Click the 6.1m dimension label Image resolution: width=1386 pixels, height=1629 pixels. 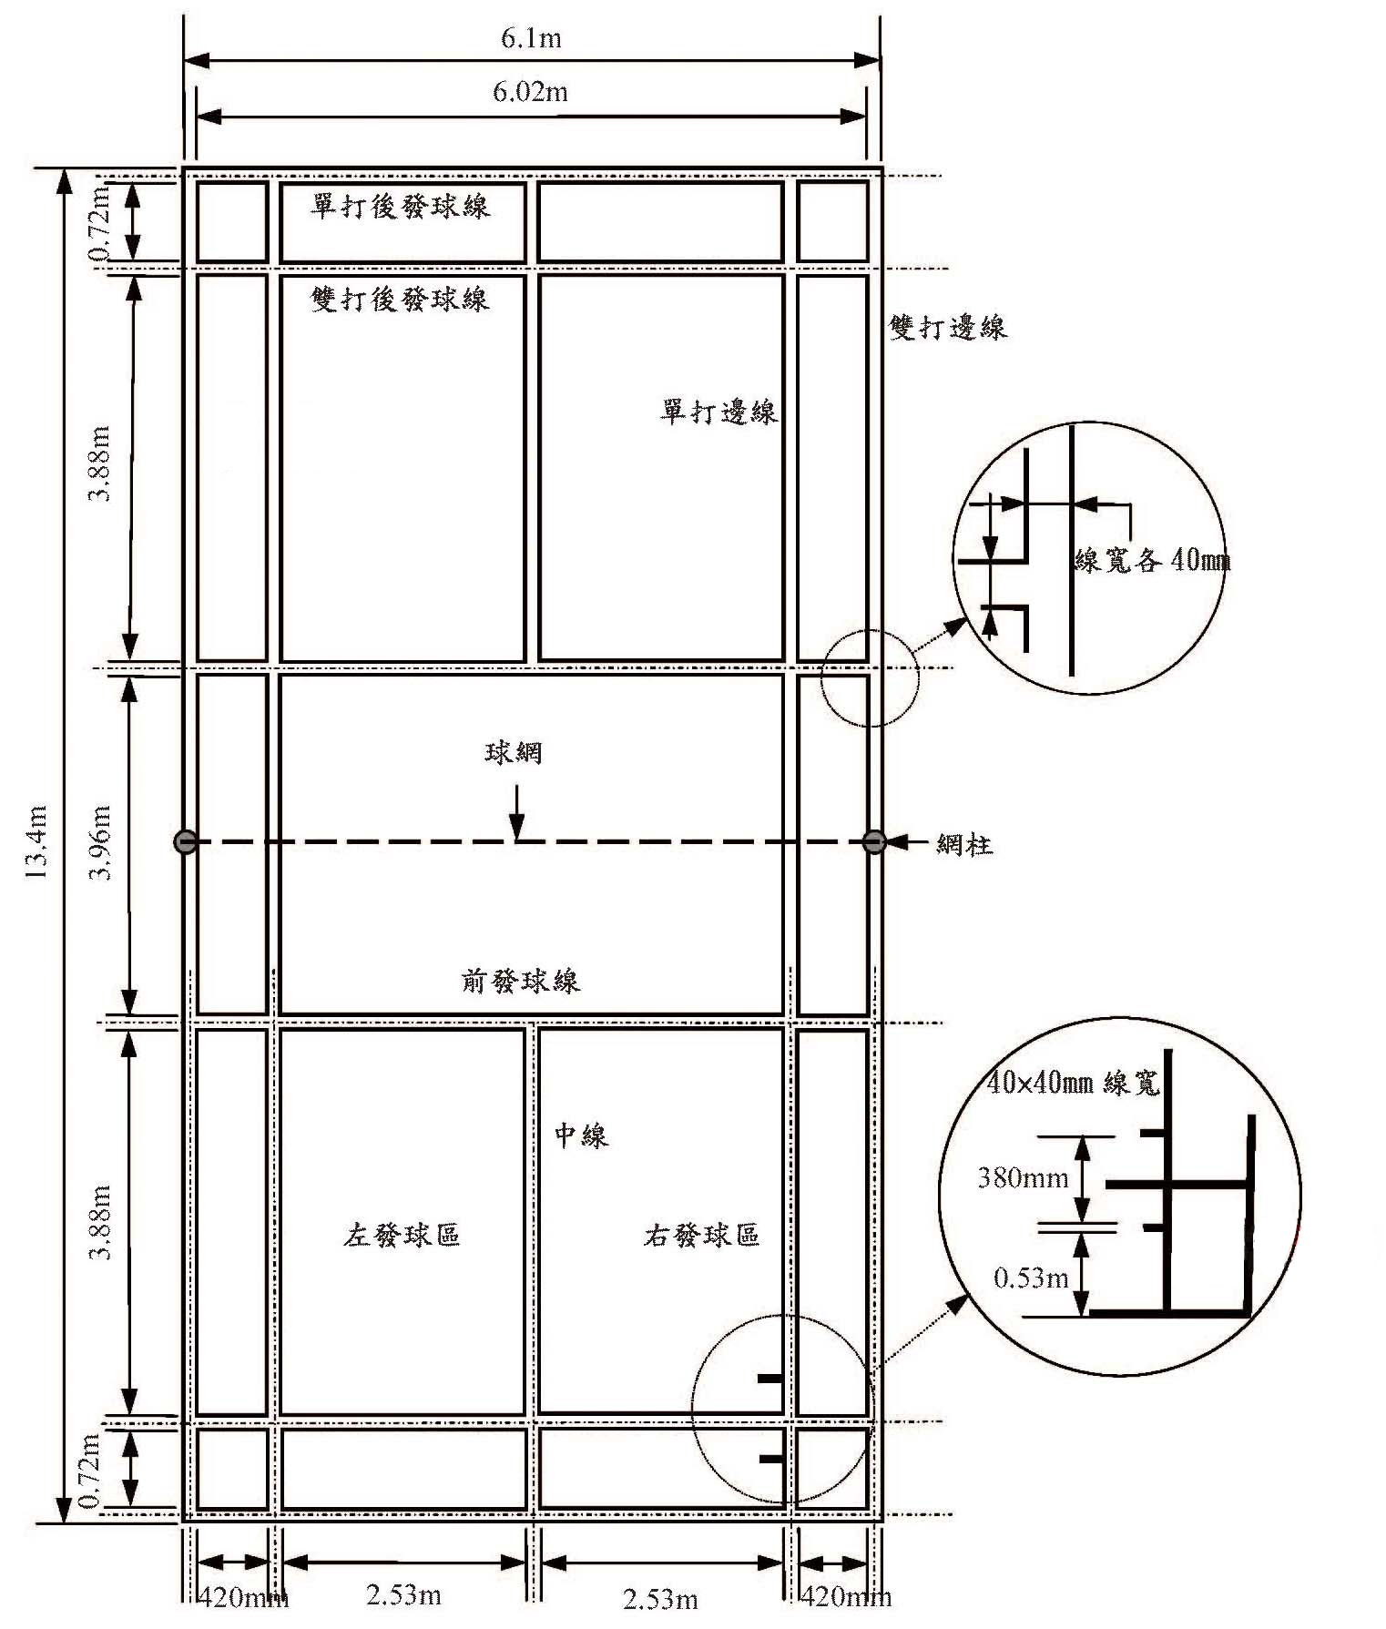[531, 38]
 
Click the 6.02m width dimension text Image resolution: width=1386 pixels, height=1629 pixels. [531, 92]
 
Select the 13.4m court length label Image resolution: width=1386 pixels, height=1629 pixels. [36, 841]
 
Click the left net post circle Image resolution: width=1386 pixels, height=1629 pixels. [185, 841]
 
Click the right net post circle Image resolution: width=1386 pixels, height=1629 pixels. [874, 841]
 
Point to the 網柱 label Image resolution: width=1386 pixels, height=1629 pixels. [965, 844]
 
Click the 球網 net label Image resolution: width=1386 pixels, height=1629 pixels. [514, 752]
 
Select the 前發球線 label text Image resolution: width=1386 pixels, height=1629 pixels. [520, 981]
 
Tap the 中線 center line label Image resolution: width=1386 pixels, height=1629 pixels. [581, 1135]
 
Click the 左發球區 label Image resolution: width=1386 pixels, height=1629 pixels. [402, 1235]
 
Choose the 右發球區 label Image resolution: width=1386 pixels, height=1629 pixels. [701, 1235]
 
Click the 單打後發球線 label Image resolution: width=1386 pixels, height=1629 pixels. [401, 207]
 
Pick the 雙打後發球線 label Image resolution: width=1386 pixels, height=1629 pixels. [401, 299]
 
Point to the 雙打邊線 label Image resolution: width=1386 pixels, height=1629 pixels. [948, 327]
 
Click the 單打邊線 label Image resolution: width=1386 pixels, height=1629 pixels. [719, 412]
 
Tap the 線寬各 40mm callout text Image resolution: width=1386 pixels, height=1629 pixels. [1152, 559]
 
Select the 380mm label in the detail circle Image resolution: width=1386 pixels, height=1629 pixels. [1023, 1177]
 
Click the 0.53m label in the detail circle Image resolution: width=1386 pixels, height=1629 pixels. [1031, 1278]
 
